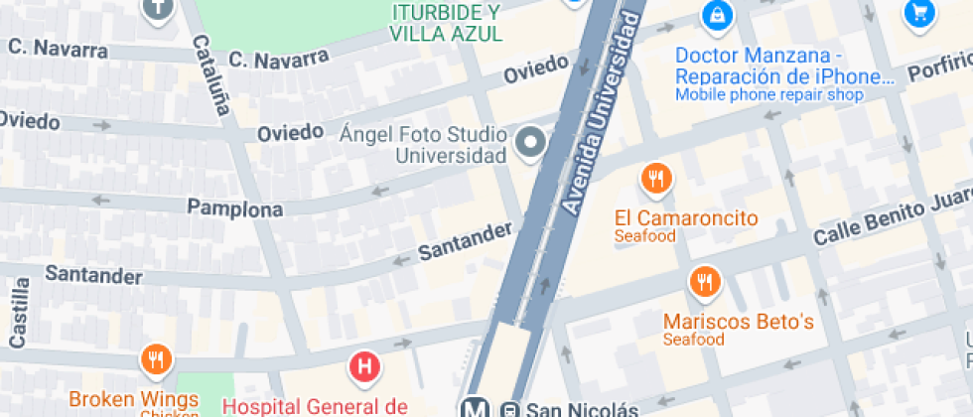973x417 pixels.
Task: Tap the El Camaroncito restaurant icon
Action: pos(655,180)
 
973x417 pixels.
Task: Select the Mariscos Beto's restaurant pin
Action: pos(705,281)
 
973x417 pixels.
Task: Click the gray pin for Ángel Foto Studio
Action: pos(532,144)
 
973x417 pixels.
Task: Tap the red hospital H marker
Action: pos(364,367)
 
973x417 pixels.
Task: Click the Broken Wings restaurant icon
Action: pos(156,359)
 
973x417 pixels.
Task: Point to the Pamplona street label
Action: pos(235,208)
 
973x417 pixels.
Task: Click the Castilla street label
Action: pos(18,313)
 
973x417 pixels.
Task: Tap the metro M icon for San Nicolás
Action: pos(476,408)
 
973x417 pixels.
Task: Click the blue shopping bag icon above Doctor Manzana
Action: pos(715,15)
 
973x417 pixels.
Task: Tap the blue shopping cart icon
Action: pos(919,13)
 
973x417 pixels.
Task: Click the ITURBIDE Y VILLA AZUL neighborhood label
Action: pos(446,23)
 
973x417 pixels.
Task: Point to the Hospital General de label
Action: pos(315,405)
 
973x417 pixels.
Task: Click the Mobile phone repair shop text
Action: pos(768,95)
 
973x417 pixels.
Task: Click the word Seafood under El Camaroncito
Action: pos(644,236)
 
